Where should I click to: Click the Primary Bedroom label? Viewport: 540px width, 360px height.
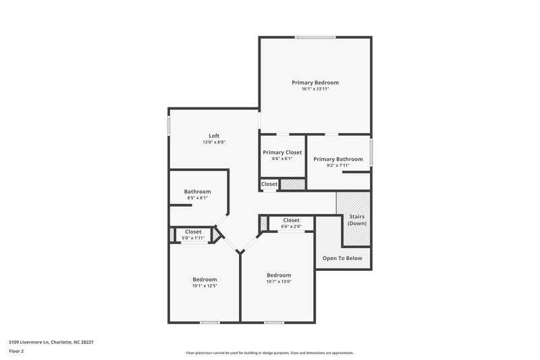315,82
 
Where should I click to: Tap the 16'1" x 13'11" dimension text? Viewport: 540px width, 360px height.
315,89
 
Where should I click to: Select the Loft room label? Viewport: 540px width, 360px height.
214,136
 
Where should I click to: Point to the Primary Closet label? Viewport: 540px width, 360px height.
282,153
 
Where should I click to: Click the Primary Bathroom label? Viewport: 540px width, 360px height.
338,159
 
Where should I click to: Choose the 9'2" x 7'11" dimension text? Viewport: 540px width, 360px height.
338,166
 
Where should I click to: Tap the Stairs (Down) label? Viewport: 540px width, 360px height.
356,219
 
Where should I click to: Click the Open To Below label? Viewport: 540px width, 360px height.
342,258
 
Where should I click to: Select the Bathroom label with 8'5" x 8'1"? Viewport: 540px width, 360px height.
198,191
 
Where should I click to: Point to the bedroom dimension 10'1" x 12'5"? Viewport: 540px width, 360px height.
205,286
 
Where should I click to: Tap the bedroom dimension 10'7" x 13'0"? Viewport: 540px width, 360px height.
279,282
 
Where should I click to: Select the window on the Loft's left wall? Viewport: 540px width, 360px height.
168,126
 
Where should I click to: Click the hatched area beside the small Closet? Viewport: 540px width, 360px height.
293,184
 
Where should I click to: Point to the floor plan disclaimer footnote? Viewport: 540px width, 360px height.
270,353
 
